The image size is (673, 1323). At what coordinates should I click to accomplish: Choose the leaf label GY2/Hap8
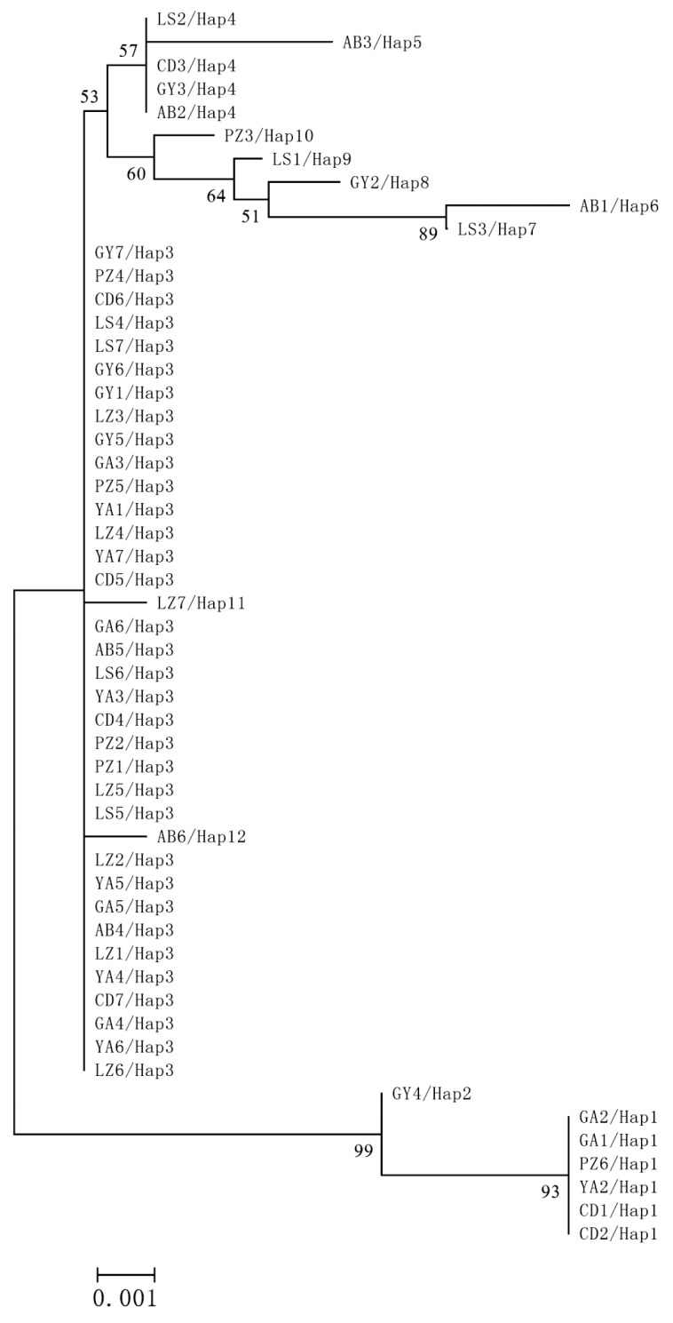(380, 183)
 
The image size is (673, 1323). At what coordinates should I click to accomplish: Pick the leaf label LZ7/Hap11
(201, 604)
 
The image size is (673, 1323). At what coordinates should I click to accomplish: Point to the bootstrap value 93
(550, 1192)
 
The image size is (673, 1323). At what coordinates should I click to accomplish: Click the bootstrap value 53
(90, 97)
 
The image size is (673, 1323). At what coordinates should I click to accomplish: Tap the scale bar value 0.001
(125, 1298)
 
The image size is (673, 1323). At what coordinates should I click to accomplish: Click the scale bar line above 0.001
(125, 1273)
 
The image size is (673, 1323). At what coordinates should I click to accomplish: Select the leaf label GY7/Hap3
(134, 252)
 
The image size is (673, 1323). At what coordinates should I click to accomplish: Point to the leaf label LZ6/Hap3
(134, 1071)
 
